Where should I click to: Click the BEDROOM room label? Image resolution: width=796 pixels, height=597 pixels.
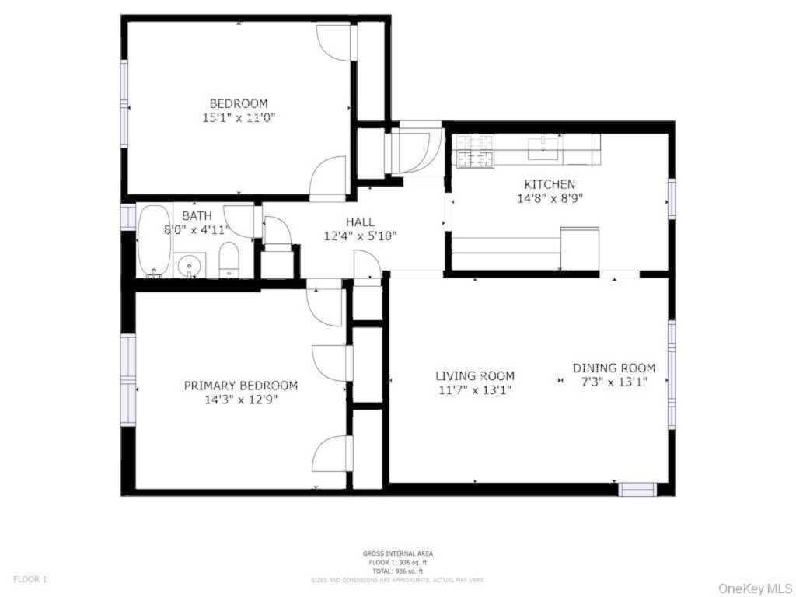tap(239, 103)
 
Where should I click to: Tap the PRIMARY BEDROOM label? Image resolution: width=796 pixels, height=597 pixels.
tap(240, 386)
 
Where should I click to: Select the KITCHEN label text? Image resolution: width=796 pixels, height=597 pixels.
tap(550, 184)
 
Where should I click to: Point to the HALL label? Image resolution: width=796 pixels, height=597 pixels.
tap(360, 222)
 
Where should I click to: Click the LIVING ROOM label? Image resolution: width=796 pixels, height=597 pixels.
tap(474, 376)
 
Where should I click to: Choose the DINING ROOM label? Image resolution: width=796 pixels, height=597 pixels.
tap(614, 368)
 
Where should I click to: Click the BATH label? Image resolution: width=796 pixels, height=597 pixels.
tap(197, 215)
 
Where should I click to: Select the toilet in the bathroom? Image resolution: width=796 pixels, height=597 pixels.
tap(229, 260)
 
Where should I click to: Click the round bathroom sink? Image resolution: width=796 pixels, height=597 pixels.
tap(189, 267)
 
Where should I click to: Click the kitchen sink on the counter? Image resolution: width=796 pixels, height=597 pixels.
tap(544, 146)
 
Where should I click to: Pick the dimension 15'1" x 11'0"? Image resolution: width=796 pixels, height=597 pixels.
tap(239, 118)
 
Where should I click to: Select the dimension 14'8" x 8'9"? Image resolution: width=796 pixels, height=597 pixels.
tap(550, 198)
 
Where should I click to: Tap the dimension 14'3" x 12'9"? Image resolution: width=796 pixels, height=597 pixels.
tap(240, 400)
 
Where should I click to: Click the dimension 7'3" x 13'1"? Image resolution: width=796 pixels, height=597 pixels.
tap(614, 382)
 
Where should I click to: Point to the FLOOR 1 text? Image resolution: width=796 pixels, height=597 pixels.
tap(30, 579)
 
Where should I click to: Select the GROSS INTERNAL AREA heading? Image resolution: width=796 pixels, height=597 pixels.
tap(397, 553)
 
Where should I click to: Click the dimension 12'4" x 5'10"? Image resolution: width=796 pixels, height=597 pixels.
tap(360, 236)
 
